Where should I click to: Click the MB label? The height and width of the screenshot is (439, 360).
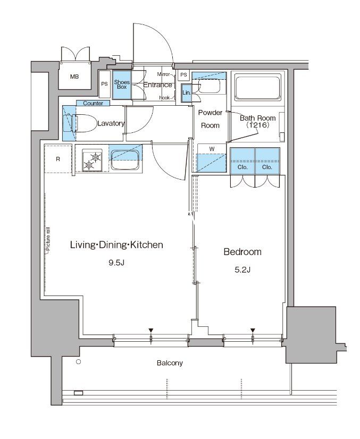[x=74, y=77]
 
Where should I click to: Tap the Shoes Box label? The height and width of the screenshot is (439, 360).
[x=122, y=85]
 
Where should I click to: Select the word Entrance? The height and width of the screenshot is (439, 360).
[x=158, y=85]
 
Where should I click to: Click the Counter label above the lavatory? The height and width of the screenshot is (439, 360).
[x=93, y=103]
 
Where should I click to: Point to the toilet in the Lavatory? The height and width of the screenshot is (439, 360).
[x=80, y=123]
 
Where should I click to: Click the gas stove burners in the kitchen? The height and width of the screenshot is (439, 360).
[x=92, y=161]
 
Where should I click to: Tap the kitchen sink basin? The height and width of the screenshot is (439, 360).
[x=125, y=160]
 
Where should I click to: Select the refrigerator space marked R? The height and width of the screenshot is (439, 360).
[x=58, y=159]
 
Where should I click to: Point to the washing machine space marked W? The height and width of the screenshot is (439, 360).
[x=212, y=158]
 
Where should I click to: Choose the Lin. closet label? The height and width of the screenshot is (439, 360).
[x=186, y=92]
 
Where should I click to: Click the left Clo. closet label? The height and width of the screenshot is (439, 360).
[x=242, y=167]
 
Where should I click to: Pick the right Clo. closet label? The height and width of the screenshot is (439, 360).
[x=267, y=167]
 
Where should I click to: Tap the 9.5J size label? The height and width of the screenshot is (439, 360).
[x=116, y=263]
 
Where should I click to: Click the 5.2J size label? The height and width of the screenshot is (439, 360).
[x=242, y=269]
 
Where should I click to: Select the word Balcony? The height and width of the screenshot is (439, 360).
[x=170, y=363]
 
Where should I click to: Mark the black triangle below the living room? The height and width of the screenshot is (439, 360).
[x=151, y=331]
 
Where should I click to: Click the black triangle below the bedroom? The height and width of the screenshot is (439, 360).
[x=253, y=331]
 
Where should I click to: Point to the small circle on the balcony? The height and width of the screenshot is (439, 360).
[x=79, y=362]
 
